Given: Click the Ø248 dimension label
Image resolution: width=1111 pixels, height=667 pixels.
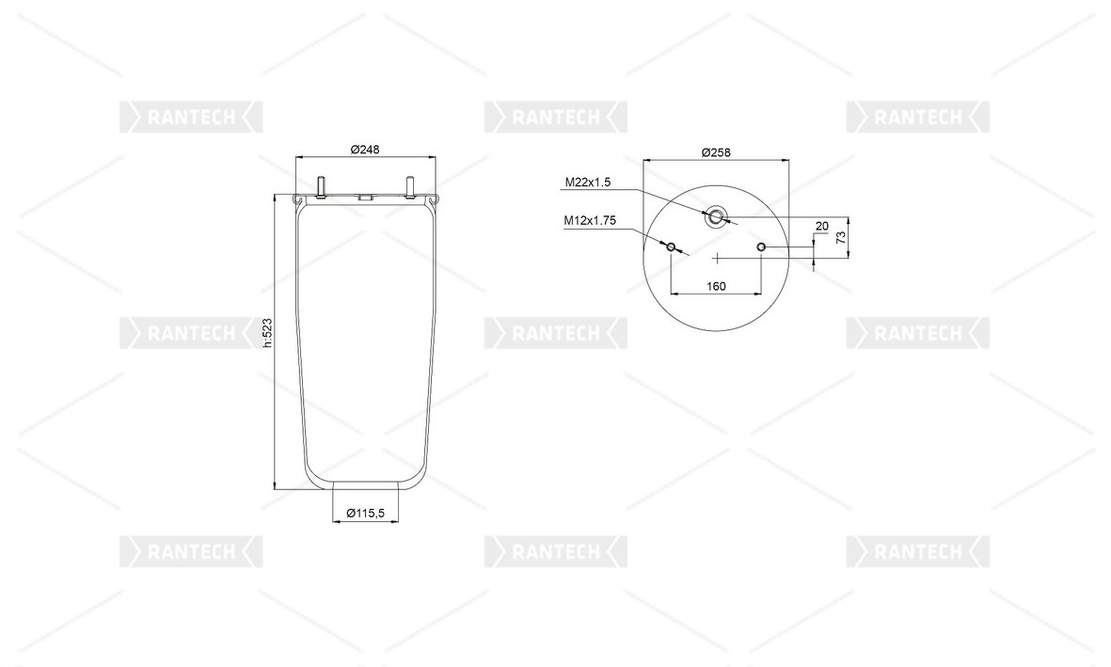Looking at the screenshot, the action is (365, 150).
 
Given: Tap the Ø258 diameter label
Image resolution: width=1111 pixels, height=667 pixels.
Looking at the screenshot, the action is (716, 152).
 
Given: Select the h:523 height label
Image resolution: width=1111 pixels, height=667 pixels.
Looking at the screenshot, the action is (267, 332).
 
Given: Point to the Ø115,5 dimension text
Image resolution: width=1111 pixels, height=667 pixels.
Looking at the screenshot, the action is (365, 514).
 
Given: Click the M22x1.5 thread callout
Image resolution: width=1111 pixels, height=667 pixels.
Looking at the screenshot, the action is (587, 183).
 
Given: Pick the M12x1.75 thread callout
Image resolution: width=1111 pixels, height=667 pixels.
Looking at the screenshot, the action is (590, 220).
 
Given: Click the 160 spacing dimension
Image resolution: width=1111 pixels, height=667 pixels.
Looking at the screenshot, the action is (716, 286).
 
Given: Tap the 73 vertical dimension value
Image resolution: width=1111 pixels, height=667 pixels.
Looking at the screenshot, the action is (841, 237).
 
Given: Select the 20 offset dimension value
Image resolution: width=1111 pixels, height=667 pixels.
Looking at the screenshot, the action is (822, 226).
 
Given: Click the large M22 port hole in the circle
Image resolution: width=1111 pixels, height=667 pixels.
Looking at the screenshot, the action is (715, 217).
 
